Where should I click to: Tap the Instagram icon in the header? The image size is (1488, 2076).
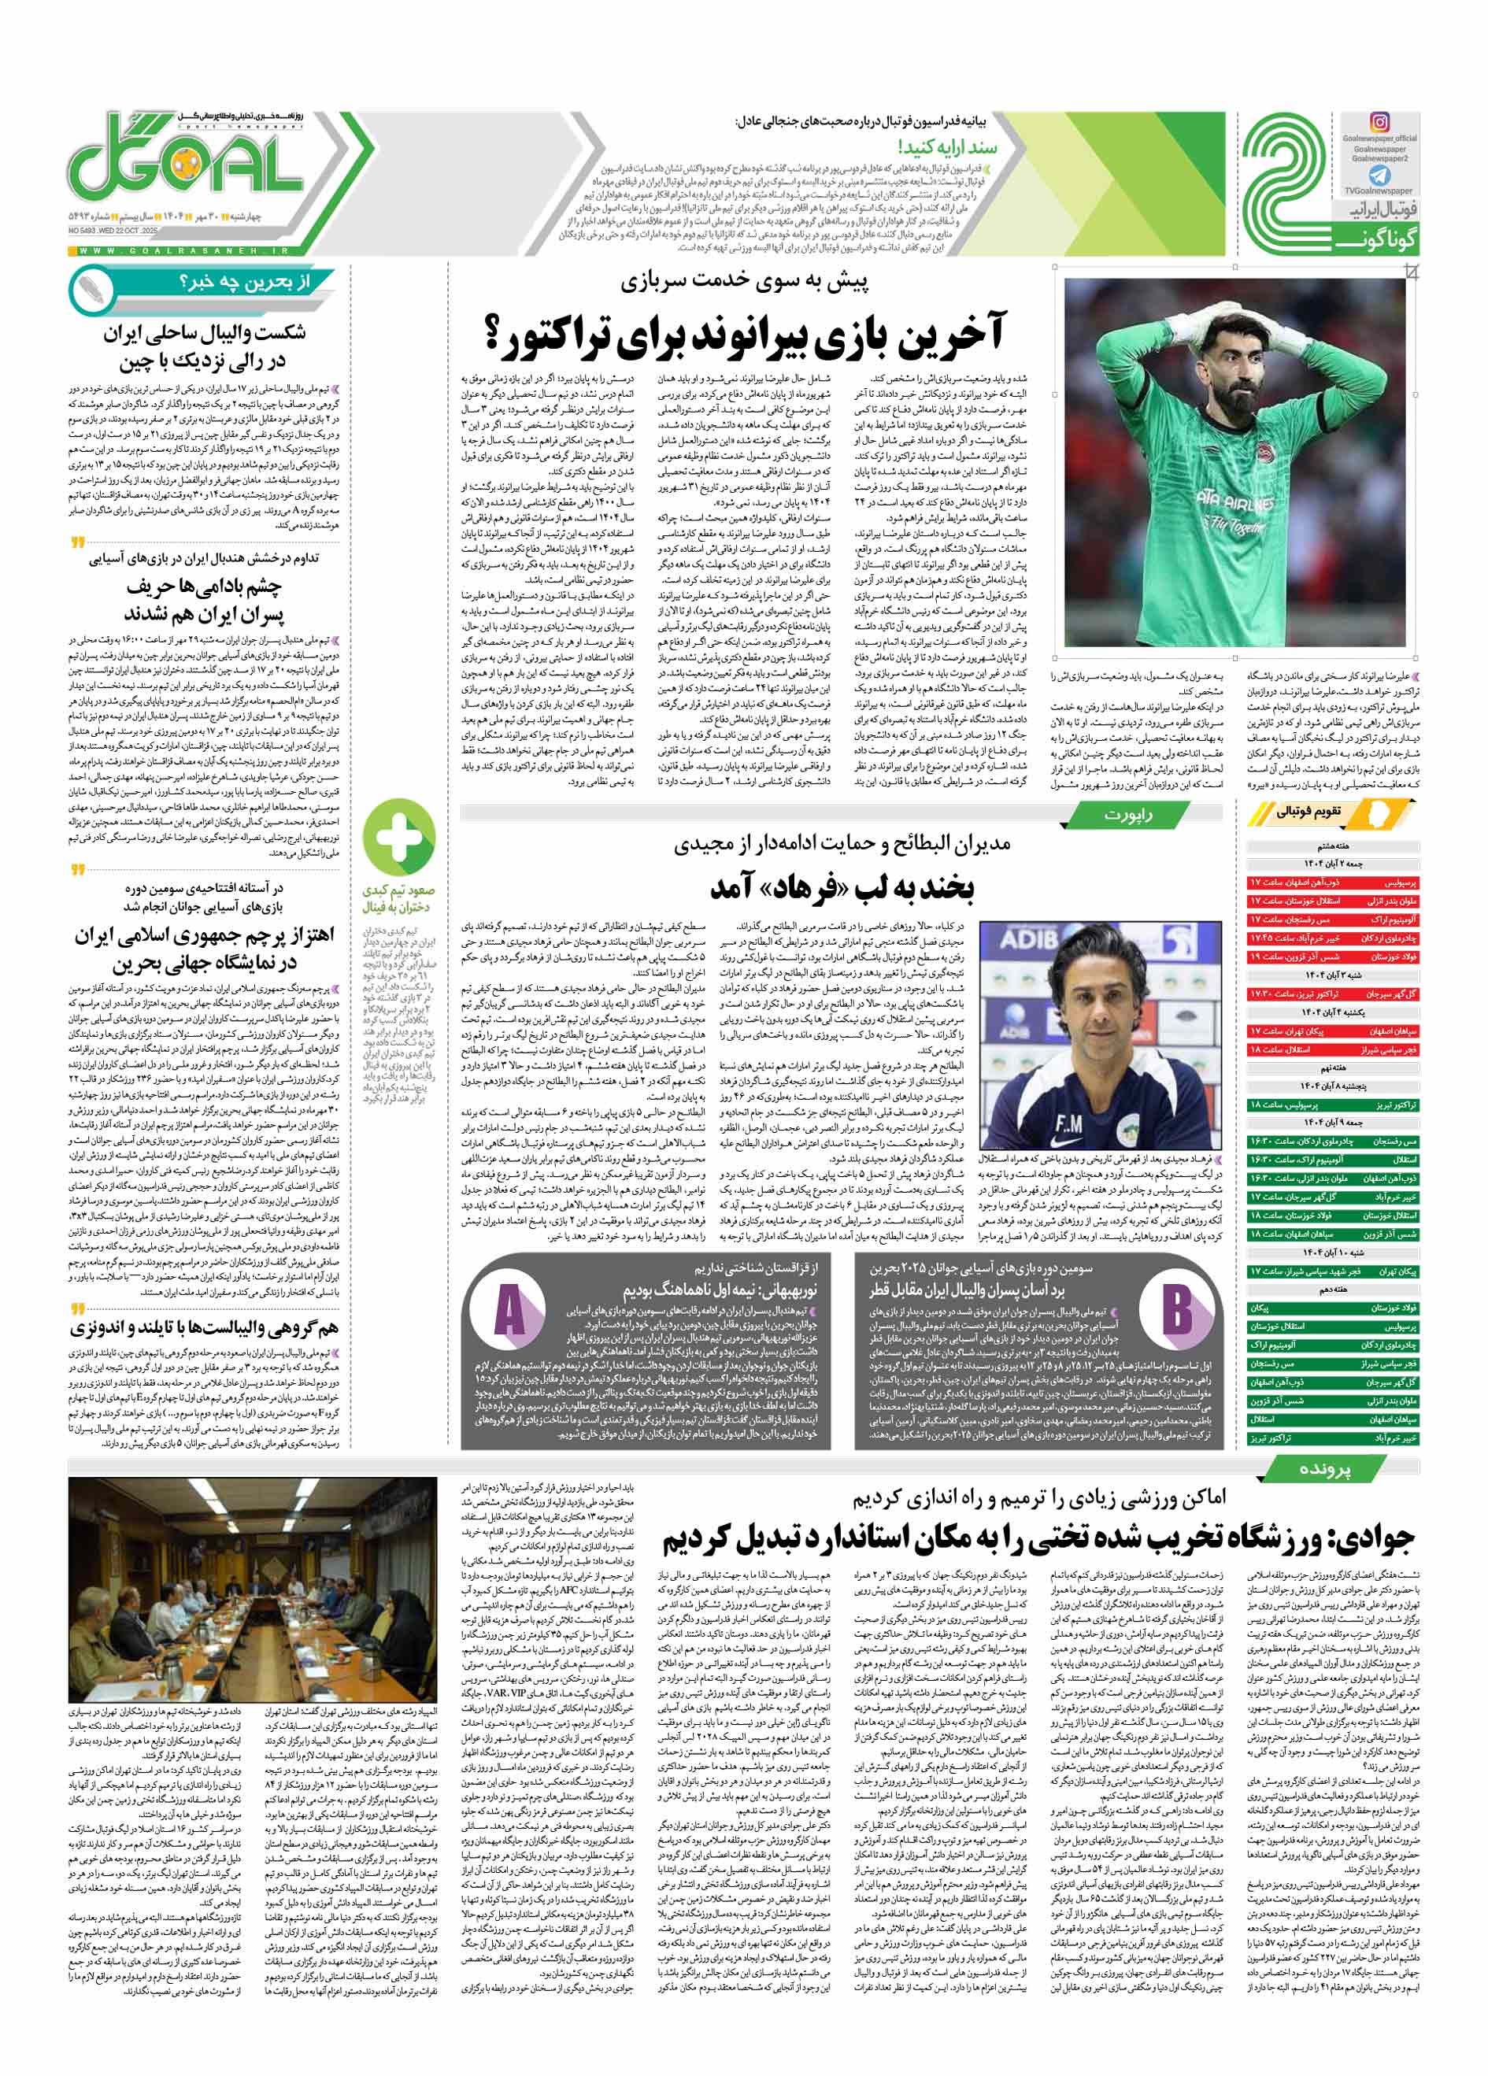[x=1379, y=123]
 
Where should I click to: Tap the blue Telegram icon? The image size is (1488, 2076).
[x=1379, y=176]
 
